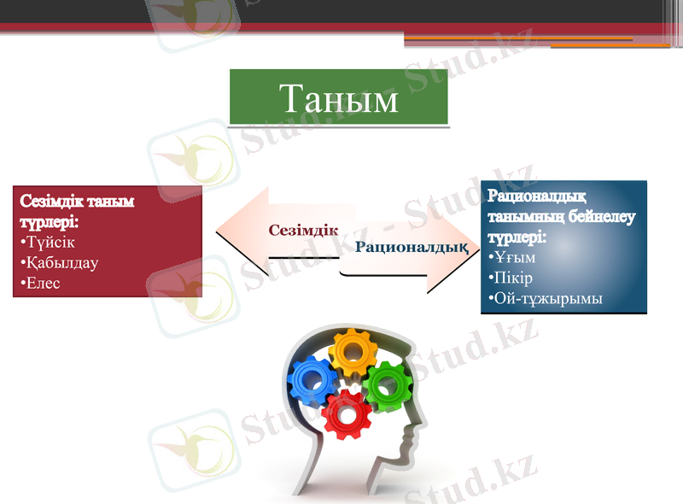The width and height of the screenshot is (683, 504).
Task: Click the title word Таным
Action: click(339, 99)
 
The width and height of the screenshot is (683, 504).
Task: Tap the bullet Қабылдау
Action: click(61, 262)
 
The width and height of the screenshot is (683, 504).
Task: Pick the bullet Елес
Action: click(43, 283)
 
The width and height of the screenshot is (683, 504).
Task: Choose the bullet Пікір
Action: click(513, 278)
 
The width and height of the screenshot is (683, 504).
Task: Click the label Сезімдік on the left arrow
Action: click(303, 230)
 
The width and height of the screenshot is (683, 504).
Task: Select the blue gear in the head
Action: click(312, 380)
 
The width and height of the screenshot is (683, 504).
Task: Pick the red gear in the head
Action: click(347, 414)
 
